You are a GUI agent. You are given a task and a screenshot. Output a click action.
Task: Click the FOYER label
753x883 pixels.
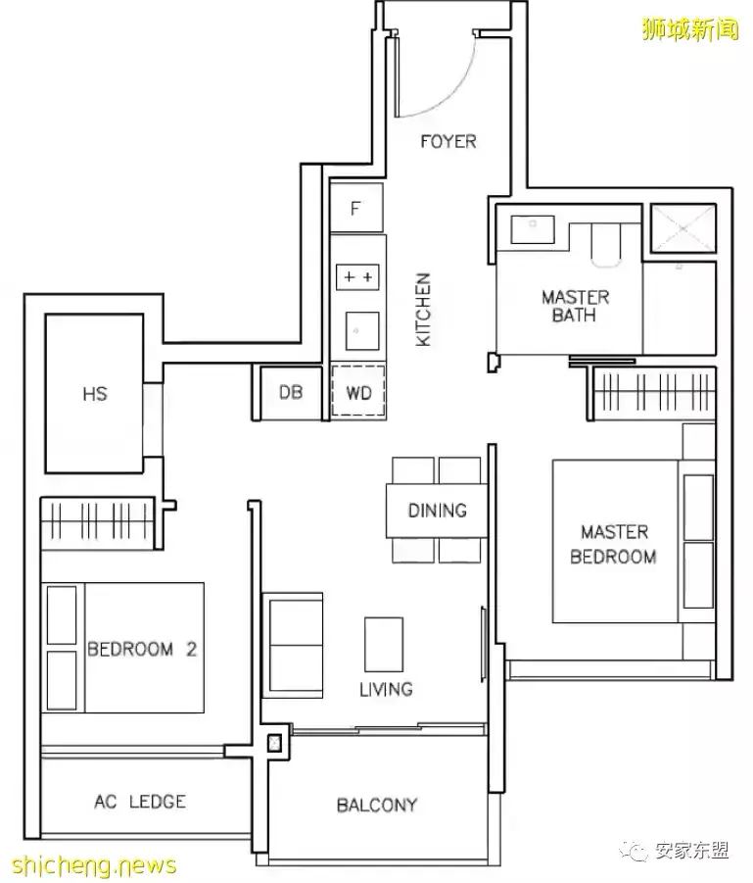(x=448, y=141)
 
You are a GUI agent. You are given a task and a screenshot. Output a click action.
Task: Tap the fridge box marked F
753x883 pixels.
(x=356, y=208)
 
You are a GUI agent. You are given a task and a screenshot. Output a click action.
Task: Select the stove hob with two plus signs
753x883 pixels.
(x=358, y=277)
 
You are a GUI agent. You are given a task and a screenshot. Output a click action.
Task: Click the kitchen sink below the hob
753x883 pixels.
(x=362, y=330)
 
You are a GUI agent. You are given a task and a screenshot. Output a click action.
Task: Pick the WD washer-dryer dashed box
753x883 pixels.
(x=358, y=392)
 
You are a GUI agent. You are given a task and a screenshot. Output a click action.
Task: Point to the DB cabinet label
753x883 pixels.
(x=291, y=392)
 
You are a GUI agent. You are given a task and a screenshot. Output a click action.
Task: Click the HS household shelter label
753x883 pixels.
(x=95, y=394)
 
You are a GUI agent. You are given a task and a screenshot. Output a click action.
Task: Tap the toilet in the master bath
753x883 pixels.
(x=606, y=244)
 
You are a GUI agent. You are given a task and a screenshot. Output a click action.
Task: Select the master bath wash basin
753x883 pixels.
(x=533, y=229)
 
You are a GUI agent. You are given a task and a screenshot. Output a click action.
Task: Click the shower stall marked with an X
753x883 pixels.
(x=683, y=228)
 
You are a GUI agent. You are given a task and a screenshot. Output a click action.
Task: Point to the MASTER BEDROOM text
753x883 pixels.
(x=613, y=544)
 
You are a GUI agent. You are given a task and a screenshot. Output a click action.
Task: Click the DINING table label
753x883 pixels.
(x=438, y=511)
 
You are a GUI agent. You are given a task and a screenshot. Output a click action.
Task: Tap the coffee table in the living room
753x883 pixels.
(x=384, y=644)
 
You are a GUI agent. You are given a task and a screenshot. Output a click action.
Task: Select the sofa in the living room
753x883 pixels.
(x=293, y=646)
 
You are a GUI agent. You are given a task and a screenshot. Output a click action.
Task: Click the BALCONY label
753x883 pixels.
(x=377, y=805)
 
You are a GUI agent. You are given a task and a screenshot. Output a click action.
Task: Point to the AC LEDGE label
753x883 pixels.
(x=140, y=802)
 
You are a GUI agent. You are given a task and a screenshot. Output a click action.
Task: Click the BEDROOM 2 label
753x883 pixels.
(x=142, y=650)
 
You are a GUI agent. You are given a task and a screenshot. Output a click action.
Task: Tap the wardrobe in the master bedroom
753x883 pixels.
(x=655, y=393)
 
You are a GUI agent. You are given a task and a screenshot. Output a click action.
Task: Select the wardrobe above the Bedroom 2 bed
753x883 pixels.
(x=97, y=522)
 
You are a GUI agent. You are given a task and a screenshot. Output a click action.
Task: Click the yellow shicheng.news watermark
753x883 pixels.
(x=93, y=865)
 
